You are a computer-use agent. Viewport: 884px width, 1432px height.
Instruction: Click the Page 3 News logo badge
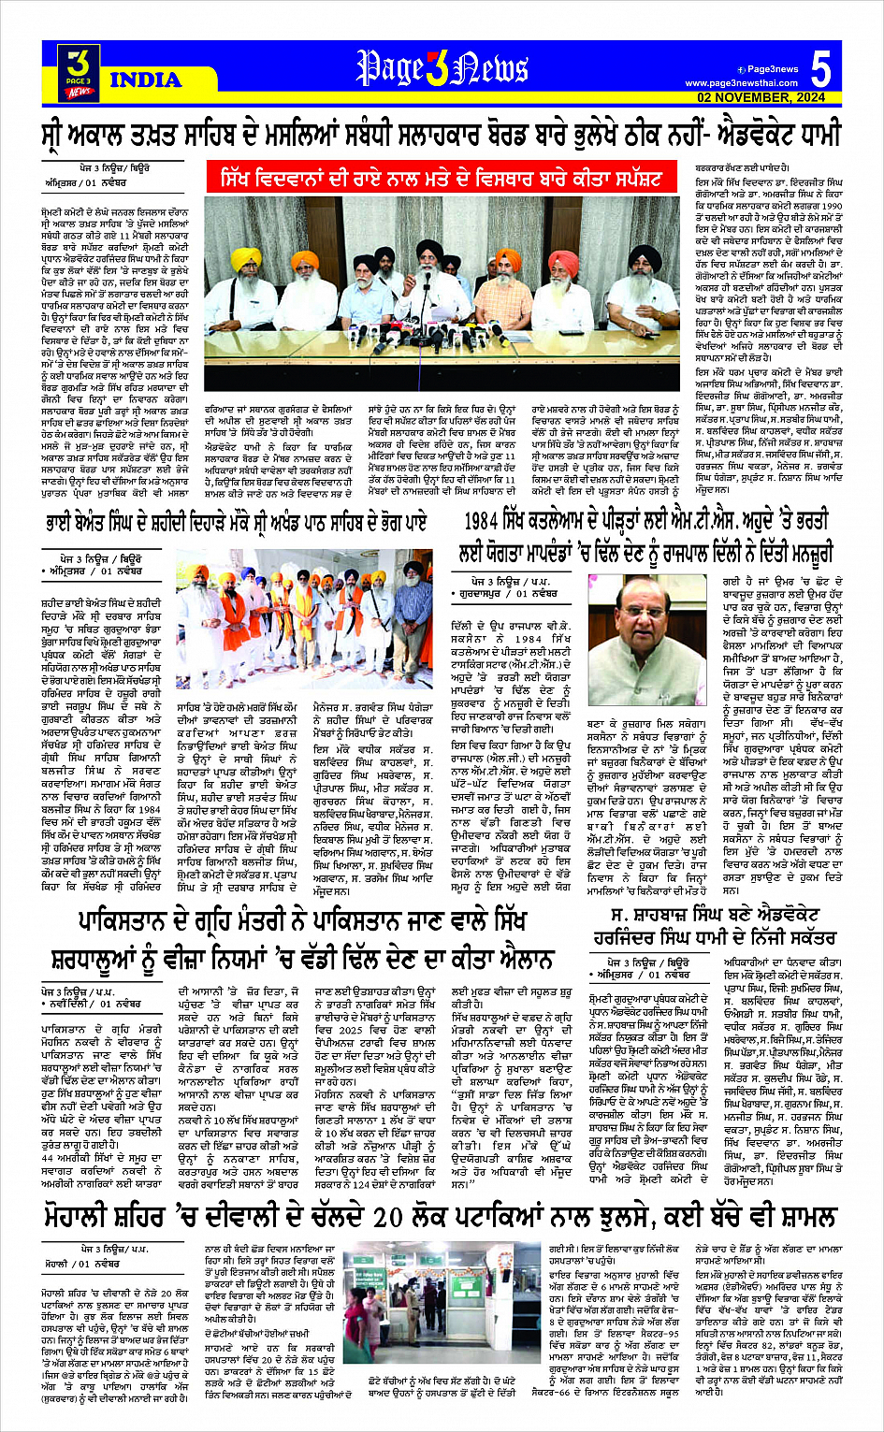(x=79, y=73)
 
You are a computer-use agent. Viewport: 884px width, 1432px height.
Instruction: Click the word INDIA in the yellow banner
(x=146, y=80)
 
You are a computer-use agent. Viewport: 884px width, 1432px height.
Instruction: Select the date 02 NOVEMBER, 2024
(x=761, y=97)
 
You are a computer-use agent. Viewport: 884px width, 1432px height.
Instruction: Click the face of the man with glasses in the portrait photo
(x=645, y=612)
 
